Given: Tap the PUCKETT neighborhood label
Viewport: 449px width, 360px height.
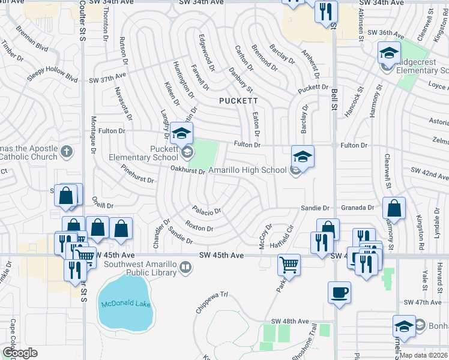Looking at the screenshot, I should [238, 101].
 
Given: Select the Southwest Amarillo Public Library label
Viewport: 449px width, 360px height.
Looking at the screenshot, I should [142, 268].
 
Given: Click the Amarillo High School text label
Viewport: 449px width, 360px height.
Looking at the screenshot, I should [247, 170].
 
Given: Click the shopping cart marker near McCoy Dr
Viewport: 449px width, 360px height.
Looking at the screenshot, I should [289, 265].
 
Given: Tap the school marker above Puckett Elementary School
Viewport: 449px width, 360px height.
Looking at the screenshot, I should [181, 134].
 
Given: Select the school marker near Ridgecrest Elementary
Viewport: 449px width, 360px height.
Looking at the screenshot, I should [389, 55].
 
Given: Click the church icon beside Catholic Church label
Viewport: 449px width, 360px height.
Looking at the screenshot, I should [67, 152].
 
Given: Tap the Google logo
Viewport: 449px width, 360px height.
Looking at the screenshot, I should [19, 353].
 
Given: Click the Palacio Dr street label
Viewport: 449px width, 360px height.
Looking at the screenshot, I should [207, 211].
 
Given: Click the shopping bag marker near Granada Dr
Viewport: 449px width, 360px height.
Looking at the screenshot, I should [394, 209].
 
